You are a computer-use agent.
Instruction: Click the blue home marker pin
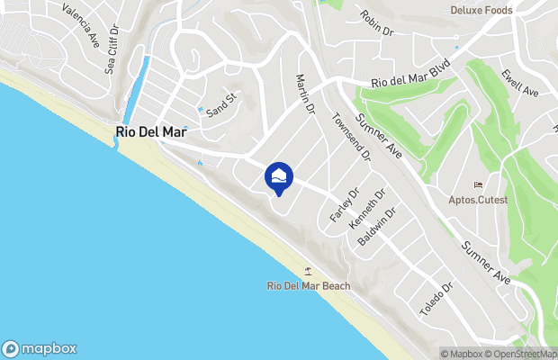coord(279,177)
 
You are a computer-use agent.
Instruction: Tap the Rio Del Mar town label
coord(152,132)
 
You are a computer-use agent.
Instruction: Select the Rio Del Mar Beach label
coord(309,286)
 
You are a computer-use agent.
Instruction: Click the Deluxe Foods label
coord(481,11)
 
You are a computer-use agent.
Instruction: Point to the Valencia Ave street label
coord(81,22)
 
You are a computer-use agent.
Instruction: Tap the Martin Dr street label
coord(303,94)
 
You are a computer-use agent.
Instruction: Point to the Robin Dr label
coord(377,22)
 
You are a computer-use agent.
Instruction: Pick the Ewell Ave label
coord(520,86)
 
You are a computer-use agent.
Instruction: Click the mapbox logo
coord(40,349)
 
